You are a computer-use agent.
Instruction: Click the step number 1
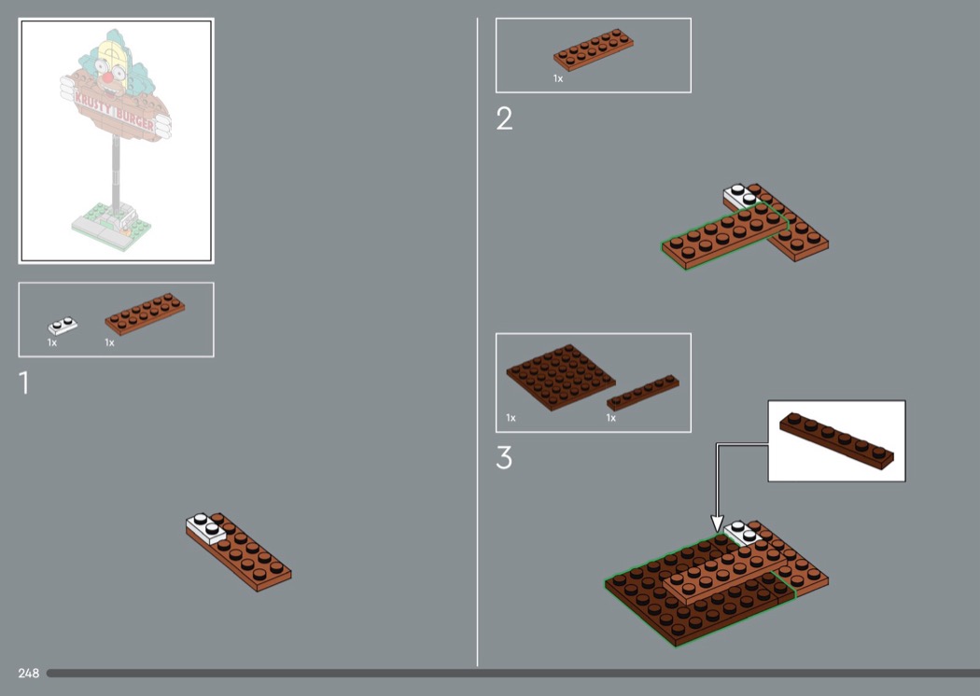[x=24, y=383]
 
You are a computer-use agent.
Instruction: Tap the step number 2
[x=504, y=118]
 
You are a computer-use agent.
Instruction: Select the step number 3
[x=504, y=457]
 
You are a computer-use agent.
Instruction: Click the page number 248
[x=29, y=673]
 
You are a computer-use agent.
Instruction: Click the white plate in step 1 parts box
[x=63, y=326]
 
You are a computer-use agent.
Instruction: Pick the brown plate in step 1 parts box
[x=145, y=313]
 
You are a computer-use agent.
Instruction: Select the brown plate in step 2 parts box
[x=593, y=49]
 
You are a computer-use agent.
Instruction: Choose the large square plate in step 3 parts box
[x=560, y=377]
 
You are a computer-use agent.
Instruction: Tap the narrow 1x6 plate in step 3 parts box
[x=642, y=393]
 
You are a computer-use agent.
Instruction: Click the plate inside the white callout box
[x=836, y=440]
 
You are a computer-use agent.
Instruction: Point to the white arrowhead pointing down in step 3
[x=718, y=523]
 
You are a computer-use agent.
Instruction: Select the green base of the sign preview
[x=111, y=226]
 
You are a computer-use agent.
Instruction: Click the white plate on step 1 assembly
[x=205, y=528]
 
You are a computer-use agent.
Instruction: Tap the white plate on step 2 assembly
[x=742, y=196]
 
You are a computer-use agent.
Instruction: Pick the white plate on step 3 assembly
[x=742, y=533]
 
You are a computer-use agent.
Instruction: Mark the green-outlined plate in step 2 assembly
[x=724, y=235]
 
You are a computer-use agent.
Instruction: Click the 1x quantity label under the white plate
[x=52, y=342]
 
